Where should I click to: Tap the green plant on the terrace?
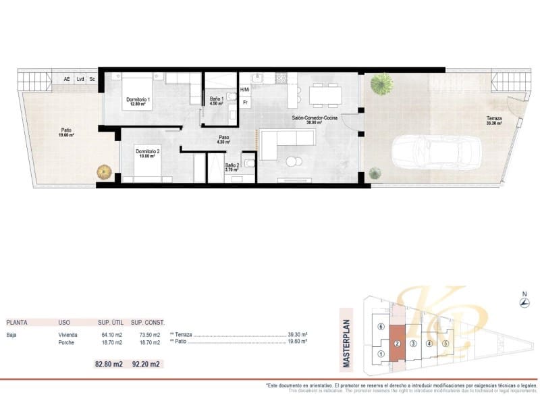tap(382, 84)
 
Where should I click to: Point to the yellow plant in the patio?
tap(103, 172)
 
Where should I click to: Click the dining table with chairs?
tap(325, 94)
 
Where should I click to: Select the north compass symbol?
tap(524, 303)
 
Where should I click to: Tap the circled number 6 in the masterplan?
tap(381, 327)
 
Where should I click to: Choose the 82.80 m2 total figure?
tap(109, 364)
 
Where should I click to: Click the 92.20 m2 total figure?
tap(146, 364)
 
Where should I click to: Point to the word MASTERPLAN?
tap(347, 344)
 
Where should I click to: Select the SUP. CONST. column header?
tap(147, 323)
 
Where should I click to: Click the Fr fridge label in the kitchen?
tap(246, 103)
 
